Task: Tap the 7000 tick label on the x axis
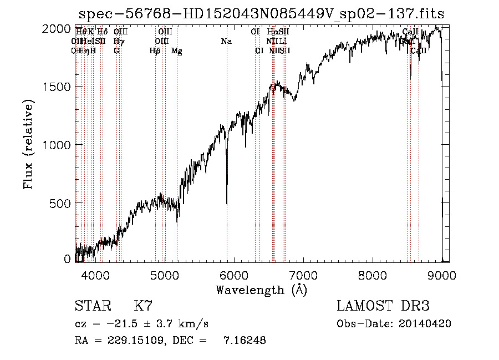pyautogui.click(x=303, y=275)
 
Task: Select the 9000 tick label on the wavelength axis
pyautogui.click(x=442, y=275)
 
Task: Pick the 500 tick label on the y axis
pyautogui.click(x=62, y=203)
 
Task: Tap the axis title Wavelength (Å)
pyautogui.click(x=261, y=289)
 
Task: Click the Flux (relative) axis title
pyautogui.click(x=29, y=144)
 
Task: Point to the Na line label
pyautogui.click(x=226, y=41)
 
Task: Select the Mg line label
pyautogui.click(x=177, y=51)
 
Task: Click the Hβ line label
pyautogui.click(x=155, y=51)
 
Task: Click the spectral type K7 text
pyautogui.click(x=143, y=306)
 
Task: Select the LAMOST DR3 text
pyautogui.click(x=383, y=306)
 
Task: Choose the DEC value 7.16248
pyautogui.click(x=244, y=341)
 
